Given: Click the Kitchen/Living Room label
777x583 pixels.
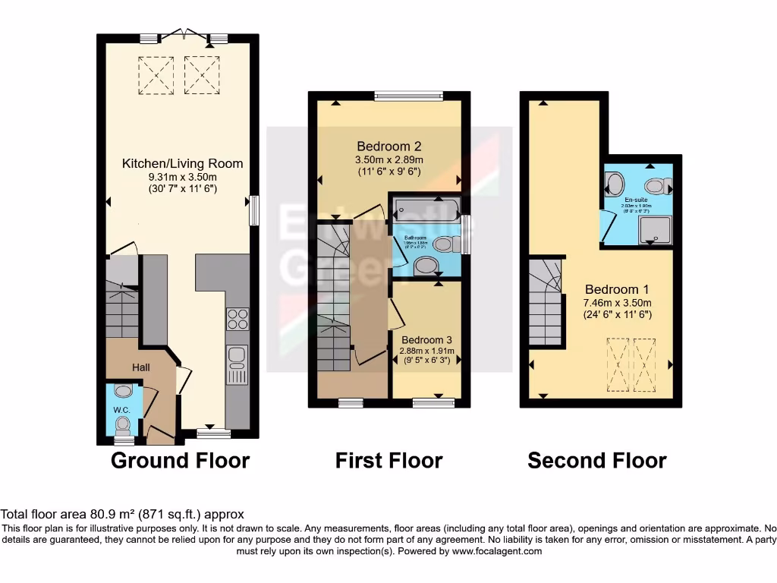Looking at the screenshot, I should coord(183,163).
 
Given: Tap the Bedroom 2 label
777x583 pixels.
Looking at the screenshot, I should coord(389,146).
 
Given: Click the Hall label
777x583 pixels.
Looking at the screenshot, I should coord(141,367).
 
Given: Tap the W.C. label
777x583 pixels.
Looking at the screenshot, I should coord(122,411).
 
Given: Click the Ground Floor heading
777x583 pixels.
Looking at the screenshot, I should coord(180,460).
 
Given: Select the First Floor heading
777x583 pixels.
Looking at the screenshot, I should coord(388,460).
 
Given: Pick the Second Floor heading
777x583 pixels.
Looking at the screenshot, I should coord(597,460).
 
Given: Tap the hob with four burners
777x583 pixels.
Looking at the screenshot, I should coord(238,319).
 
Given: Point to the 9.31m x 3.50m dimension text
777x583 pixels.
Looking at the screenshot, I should coord(183,177).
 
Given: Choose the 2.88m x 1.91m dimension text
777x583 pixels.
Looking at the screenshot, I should coord(427,351).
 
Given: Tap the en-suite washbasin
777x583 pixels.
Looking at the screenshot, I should coord(614,184).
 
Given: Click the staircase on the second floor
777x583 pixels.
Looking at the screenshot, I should coord(545,302).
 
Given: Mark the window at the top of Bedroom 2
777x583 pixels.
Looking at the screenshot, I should coord(408,96).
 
